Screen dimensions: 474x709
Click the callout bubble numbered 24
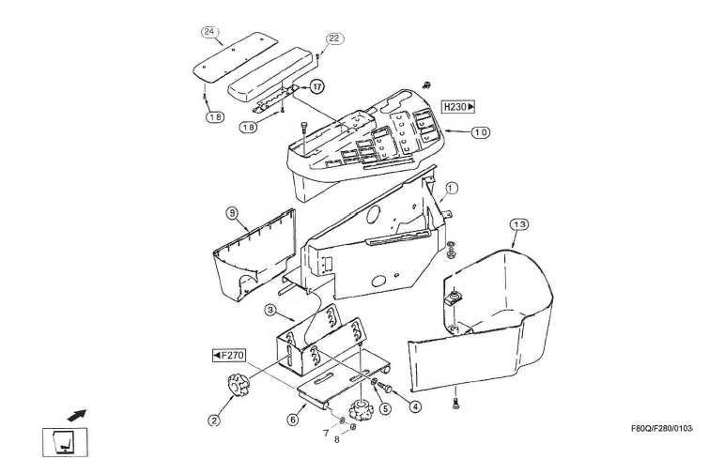(210, 32)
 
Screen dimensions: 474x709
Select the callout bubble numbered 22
(334, 38)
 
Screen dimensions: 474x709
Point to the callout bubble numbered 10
(480, 132)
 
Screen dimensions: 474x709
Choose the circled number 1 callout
(452, 187)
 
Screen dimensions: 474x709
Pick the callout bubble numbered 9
(231, 213)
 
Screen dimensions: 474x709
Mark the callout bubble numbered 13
(519, 223)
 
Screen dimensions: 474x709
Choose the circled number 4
(414, 405)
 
